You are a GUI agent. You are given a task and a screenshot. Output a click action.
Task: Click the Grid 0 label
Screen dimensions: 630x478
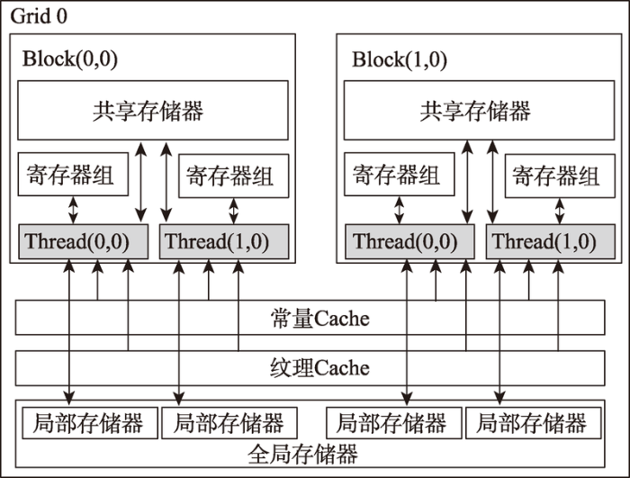click(39, 16)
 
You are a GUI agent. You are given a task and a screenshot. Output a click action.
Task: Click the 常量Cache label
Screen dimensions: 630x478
click(319, 319)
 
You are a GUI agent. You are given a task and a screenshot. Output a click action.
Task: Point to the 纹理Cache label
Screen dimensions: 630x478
click(319, 367)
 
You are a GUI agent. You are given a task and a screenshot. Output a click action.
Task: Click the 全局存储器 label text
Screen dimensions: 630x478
click(302, 455)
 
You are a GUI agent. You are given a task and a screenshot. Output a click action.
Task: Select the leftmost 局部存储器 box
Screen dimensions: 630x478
click(90, 423)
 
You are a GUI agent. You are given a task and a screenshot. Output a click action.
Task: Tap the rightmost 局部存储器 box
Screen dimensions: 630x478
click(533, 423)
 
